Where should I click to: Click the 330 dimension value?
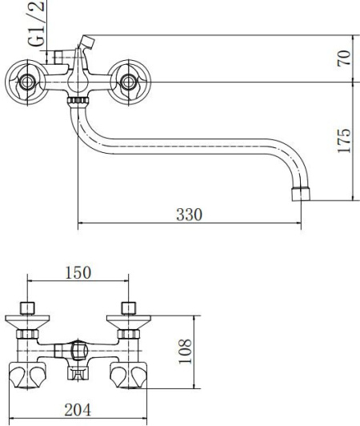tap(190, 215)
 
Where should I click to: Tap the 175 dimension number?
tap(344, 140)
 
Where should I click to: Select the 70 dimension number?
tap(344, 58)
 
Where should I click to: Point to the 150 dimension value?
tap(78, 272)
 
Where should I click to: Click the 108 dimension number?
tap(185, 352)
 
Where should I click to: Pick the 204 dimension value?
tap(78, 410)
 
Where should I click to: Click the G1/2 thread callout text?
tap(37, 23)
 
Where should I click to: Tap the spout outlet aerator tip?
tap(301, 194)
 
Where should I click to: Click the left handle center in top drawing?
tap(26, 82)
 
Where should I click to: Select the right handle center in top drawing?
tap(129, 82)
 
